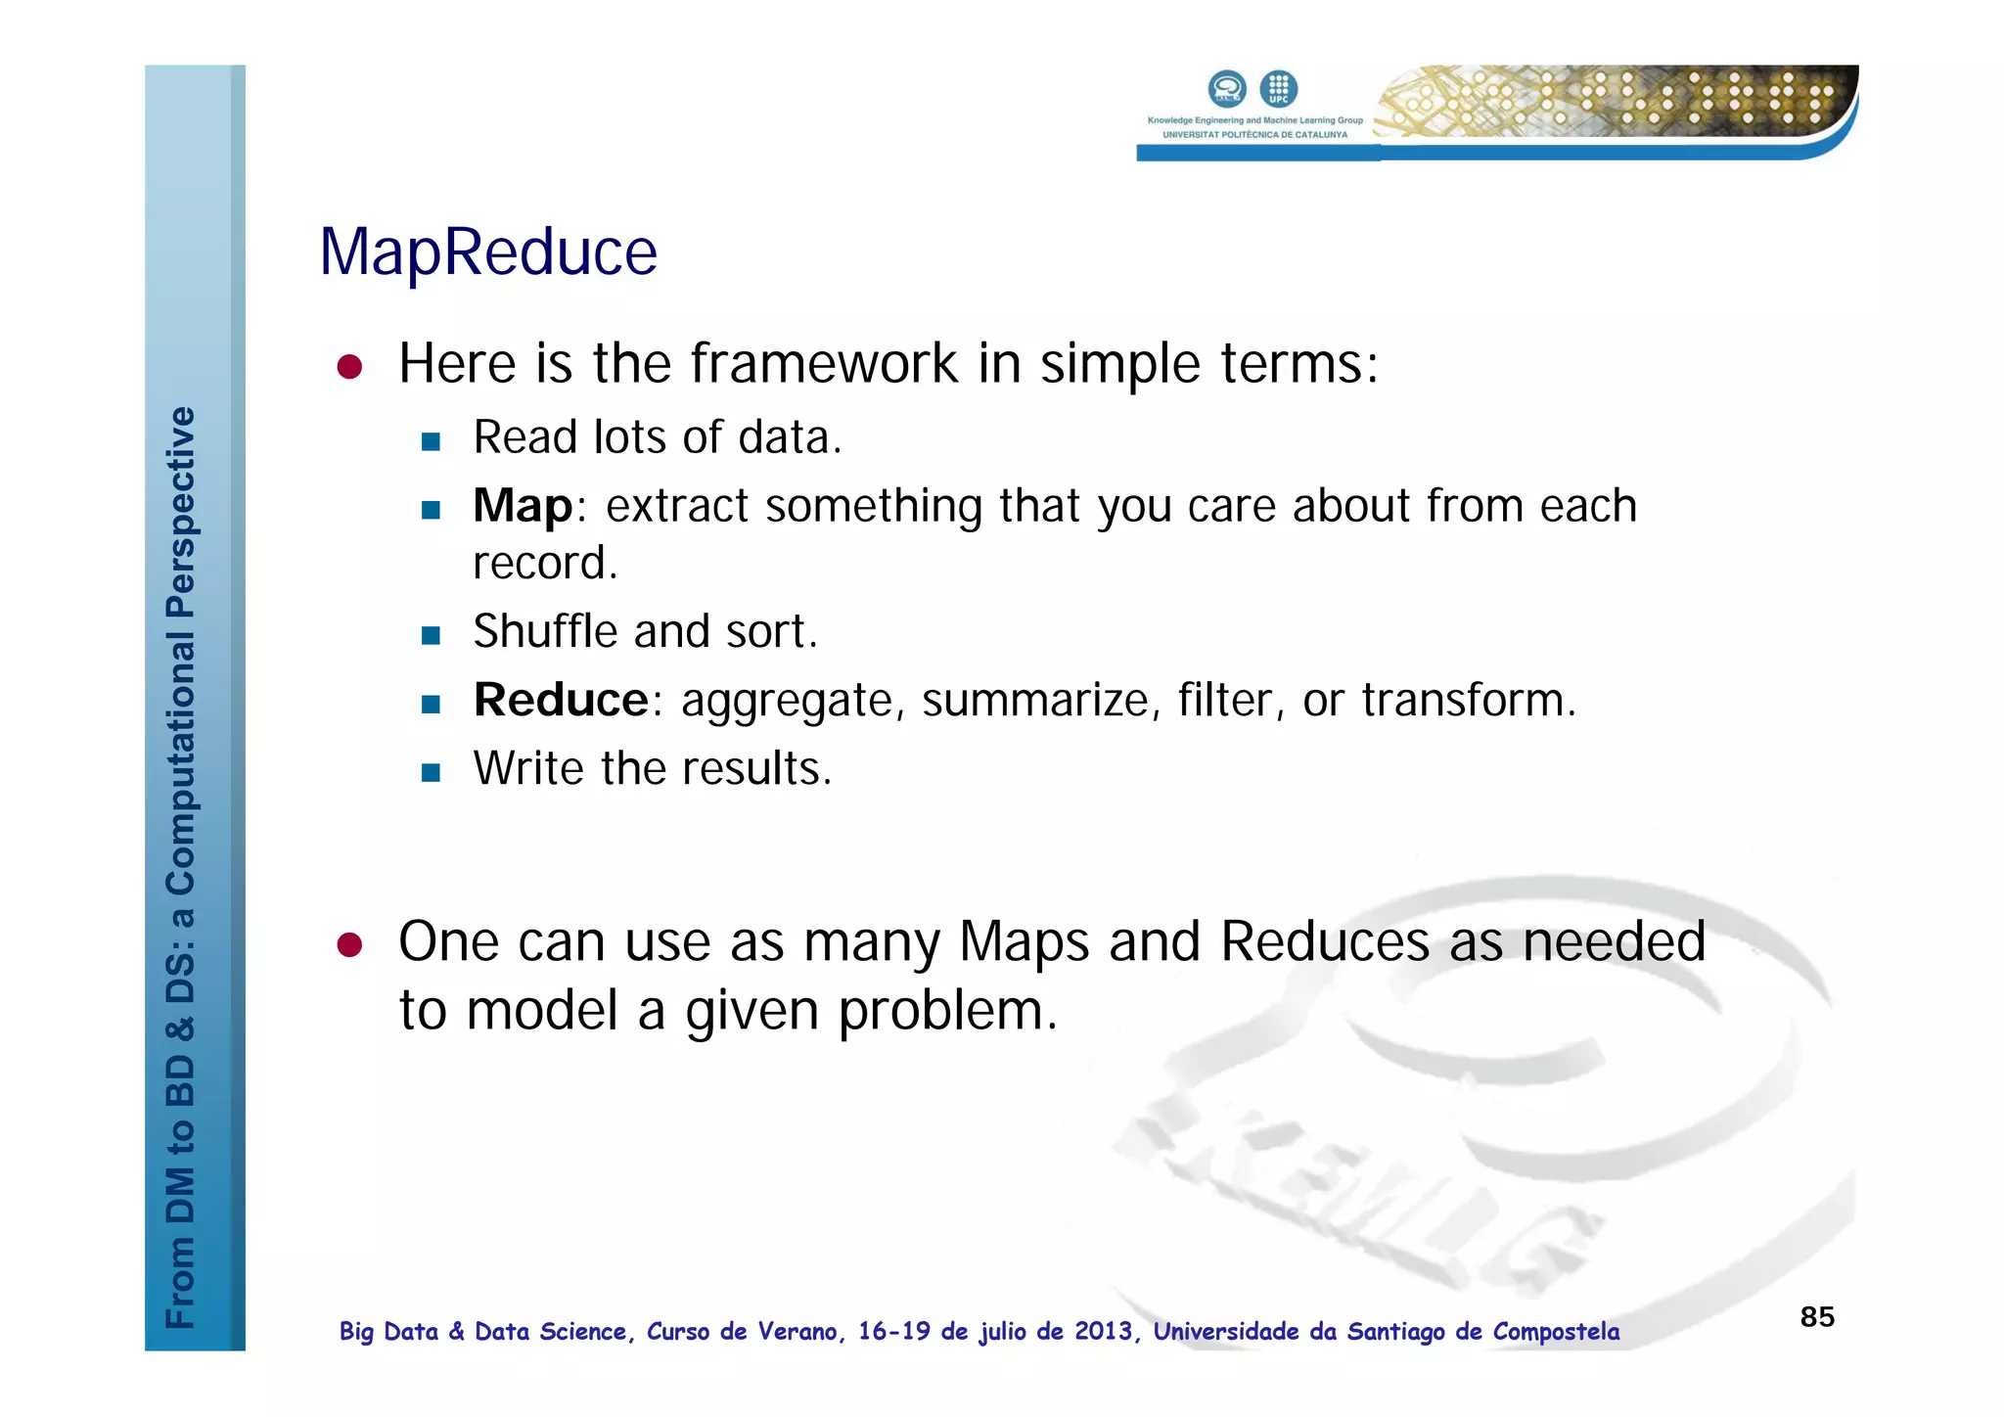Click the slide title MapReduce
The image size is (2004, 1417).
(488, 252)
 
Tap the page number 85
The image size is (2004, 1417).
(1817, 1316)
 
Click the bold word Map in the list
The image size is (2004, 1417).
(522, 507)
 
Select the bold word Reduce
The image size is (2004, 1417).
(561, 701)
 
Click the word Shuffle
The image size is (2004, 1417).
(546, 631)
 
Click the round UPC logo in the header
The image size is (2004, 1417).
(1278, 89)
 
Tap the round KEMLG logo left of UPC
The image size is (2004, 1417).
(1227, 89)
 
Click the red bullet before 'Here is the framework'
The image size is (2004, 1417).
(349, 367)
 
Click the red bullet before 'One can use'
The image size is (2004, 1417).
(349, 944)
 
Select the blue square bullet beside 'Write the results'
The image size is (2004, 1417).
(431, 772)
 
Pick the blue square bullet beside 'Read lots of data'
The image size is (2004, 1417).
(431, 441)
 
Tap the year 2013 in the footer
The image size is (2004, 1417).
(1103, 1331)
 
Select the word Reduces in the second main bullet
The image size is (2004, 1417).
(1325, 942)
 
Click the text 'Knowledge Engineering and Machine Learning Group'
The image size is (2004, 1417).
(1254, 120)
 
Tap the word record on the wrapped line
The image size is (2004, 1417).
(544, 564)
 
